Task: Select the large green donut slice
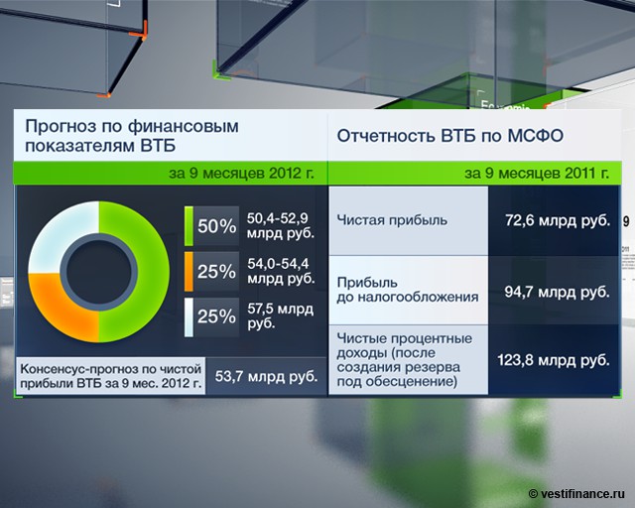(146, 272)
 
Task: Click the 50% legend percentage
(216, 226)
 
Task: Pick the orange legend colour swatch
(189, 272)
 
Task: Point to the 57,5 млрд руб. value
(280, 317)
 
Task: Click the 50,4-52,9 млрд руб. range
(280, 225)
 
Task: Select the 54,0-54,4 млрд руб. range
(280, 271)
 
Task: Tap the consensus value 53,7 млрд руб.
(266, 376)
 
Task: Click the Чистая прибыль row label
(392, 220)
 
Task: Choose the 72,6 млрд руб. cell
(558, 221)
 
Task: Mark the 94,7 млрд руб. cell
(558, 292)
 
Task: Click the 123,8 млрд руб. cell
(554, 360)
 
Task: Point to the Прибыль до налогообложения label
(408, 290)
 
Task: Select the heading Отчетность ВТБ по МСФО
(449, 136)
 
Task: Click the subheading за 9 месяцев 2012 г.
(241, 174)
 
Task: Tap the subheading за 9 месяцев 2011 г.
(537, 174)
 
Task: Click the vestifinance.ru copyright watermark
(577, 494)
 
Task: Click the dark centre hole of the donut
(99, 272)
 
